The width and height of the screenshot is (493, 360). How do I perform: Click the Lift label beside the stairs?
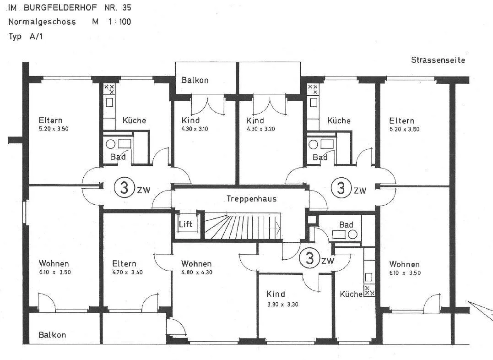[185, 224]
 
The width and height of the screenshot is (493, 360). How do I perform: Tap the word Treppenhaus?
[251, 199]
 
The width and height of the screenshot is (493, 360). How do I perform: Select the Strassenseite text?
[438, 60]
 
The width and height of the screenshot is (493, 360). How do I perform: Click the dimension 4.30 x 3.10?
[195, 129]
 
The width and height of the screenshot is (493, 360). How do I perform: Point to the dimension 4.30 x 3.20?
[261, 129]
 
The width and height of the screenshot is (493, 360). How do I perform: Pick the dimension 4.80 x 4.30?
[197, 273]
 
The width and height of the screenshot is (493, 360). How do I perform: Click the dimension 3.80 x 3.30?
[282, 304]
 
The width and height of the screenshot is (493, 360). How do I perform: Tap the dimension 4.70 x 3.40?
[127, 272]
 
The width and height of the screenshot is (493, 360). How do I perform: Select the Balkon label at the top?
[195, 80]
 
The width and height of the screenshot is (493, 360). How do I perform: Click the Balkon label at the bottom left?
[52, 335]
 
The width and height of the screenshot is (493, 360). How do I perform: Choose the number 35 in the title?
[126, 7]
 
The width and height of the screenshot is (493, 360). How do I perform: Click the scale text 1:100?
[120, 22]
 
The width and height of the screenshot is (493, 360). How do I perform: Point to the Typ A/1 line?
[26, 36]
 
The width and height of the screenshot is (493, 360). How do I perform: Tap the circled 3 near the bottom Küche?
[310, 258]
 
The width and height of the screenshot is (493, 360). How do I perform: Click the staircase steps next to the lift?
[242, 226]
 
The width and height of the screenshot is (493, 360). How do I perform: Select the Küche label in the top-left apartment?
[134, 120]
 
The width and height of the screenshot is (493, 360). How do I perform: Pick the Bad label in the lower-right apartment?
[346, 225]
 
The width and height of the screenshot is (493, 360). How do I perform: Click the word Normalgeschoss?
[42, 22]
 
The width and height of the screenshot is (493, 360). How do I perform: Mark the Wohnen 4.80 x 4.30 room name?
[196, 263]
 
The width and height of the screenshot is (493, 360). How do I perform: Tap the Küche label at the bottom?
[351, 294]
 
